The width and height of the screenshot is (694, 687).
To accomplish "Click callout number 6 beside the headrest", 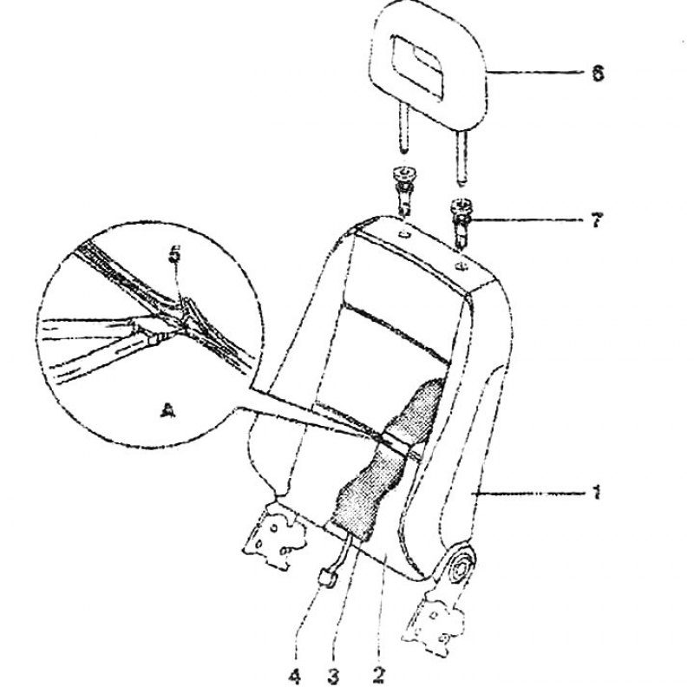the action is [x=598, y=73].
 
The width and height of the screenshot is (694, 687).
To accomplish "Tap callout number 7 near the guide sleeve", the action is [x=596, y=219].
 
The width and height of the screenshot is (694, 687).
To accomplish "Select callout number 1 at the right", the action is [x=597, y=492].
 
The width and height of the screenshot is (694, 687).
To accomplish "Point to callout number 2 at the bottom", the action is [x=379, y=675].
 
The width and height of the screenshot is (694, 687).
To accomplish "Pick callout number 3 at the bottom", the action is [x=334, y=676].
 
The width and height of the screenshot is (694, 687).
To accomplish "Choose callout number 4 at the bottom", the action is [x=294, y=676].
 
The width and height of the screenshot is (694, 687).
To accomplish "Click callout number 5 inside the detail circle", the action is [x=175, y=254].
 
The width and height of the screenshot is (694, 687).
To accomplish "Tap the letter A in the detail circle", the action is [x=167, y=409].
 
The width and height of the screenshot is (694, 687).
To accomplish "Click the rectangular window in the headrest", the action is [x=417, y=66].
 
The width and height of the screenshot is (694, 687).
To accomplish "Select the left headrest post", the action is [x=403, y=128].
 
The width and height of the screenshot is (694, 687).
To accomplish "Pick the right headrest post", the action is [x=462, y=157].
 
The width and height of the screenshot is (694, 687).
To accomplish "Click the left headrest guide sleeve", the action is [x=404, y=189].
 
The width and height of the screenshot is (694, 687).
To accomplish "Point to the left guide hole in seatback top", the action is [x=404, y=234].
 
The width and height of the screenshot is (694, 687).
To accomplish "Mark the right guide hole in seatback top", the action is [x=462, y=266].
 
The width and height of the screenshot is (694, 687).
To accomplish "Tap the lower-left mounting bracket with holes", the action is [x=273, y=534].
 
